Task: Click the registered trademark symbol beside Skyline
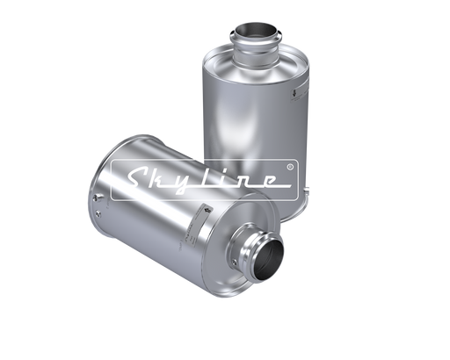(290, 167)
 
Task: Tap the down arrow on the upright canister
(294, 94)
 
